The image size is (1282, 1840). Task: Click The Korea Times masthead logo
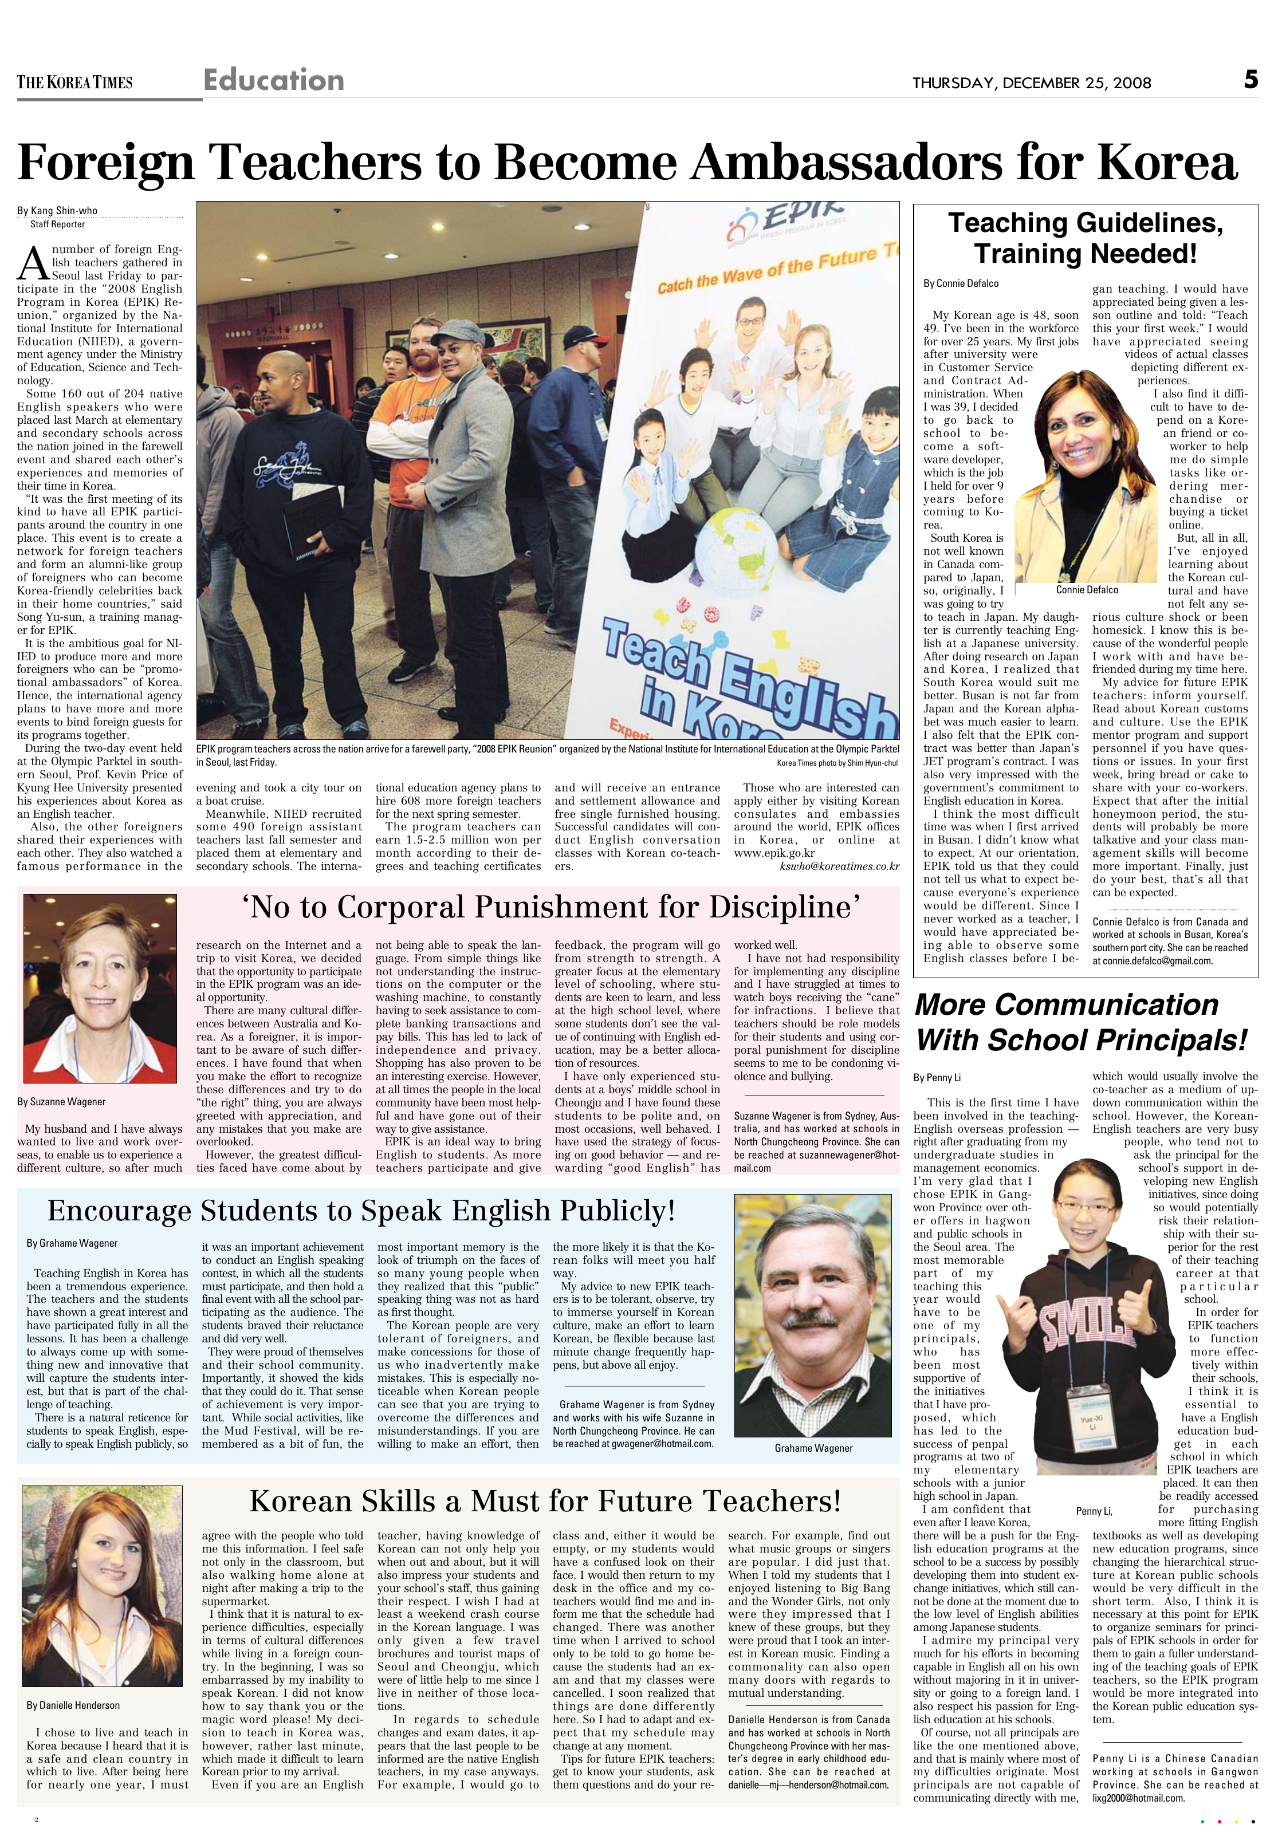click(74, 82)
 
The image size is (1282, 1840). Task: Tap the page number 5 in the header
click(1250, 80)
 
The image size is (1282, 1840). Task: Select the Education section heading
click(273, 80)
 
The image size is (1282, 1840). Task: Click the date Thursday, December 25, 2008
click(1031, 82)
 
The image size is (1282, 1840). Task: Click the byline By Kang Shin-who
click(58, 211)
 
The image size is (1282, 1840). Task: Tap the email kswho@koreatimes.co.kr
click(839, 866)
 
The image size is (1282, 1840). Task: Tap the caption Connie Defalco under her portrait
click(1086, 590)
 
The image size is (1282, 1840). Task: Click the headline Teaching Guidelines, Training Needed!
click(1086, 238)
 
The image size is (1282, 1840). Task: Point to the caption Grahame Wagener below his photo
click(813, 1448)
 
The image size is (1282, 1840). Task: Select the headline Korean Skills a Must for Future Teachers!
click(545, 1500)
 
